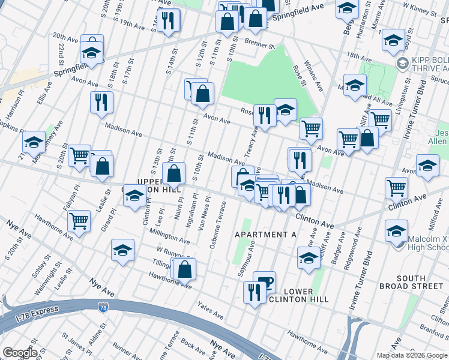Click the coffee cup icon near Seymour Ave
tap(264, 282)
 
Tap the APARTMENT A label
tap(265, 235)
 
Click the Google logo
tap(20, 353)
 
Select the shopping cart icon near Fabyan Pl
tap(79, 221)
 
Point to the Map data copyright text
tap(412, 355)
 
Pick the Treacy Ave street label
tap(251, 148)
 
